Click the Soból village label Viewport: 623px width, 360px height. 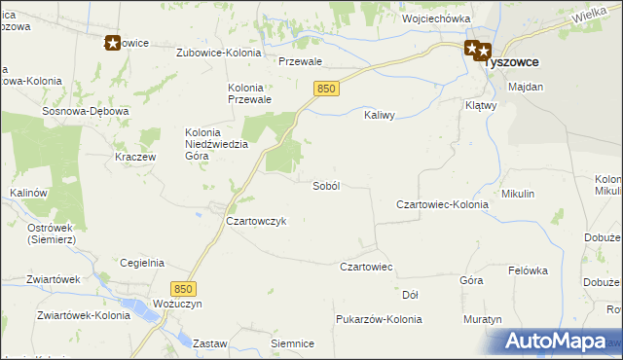coord(325,186)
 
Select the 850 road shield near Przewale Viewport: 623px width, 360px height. coord(326,89)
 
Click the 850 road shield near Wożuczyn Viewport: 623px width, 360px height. coord(183,289)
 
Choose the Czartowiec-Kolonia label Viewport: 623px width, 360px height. coord(442,205)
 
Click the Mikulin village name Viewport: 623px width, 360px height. coord(518,194)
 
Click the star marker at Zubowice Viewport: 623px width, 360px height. coord(112,43)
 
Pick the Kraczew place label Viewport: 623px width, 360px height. coord(135,157)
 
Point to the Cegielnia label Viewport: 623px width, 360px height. coord(141,263)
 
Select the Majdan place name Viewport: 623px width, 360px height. coord(526,87)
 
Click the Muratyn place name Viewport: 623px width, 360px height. coord(483,319)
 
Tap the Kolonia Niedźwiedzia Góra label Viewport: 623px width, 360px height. coord(217,143)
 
